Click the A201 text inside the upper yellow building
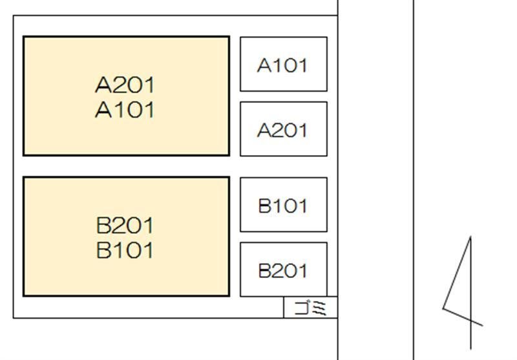126,85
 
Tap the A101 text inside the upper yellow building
126,110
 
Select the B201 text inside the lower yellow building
126,226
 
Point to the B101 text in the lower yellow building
126,250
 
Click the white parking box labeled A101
283,64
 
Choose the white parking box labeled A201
283,129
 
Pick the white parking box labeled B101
283,205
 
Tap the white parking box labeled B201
283,270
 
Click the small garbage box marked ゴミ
310,308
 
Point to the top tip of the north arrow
470,237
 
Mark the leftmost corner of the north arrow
443,308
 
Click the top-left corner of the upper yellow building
24,37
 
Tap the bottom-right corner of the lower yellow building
229,295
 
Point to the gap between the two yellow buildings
126,166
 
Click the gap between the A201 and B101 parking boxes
283,167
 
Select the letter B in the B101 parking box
264,206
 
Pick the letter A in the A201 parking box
264,131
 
